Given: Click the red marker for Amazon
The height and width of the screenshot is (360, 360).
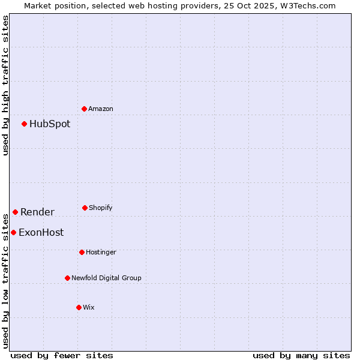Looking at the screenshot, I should (84, 109).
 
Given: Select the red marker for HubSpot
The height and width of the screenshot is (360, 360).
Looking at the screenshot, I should (24, 124).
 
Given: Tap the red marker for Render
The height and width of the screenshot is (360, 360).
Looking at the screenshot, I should (15, 212).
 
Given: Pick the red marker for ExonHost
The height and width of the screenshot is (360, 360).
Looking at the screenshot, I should (13, 232).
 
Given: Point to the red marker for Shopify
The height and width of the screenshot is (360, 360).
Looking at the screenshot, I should (85, 208).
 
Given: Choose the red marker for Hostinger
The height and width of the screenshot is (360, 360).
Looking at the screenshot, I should (82, 252).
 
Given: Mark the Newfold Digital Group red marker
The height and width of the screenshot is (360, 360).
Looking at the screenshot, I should (67, 278).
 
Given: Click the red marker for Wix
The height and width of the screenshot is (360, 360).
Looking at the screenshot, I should (79, 307).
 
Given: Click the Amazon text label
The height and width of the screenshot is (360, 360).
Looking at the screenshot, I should (101, 109).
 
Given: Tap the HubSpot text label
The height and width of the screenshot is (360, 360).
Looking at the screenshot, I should (50, 124).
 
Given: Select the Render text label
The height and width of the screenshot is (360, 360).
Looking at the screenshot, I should (37, 212).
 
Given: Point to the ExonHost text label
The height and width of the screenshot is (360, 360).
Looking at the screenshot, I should (41, 232).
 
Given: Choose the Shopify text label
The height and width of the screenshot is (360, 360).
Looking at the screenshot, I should (101, 208).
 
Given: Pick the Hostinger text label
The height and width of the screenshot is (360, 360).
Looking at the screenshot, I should (101, 252).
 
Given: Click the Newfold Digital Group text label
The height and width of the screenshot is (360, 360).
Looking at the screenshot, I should (106, 278).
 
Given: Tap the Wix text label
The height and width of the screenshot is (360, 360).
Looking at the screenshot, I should (89, 307).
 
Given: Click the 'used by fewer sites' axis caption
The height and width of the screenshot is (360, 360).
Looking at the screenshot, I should (62, 355).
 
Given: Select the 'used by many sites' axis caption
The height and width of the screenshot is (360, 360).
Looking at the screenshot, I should (301, 355).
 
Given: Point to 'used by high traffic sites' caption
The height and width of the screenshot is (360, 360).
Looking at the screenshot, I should (5, 85).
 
